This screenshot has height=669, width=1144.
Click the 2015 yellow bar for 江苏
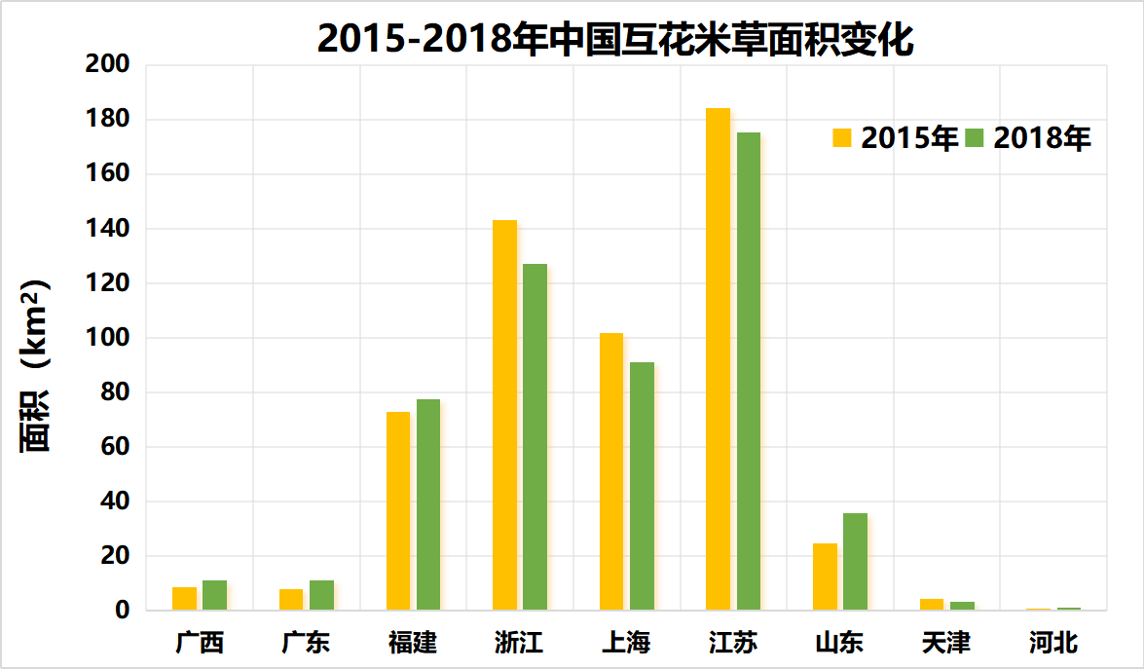(718, 359)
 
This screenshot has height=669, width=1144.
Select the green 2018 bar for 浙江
(535, 437)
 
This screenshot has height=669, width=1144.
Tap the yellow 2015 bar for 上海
(611, 471)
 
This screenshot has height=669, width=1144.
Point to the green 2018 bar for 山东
(855, 562)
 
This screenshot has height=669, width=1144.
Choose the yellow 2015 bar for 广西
(184, 599)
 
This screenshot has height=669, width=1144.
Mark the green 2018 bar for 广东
(321, 596)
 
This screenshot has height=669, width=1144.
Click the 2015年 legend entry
(896, 138)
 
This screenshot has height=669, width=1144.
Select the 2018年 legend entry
(1028, 138)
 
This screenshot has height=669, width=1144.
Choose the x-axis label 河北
(1053, 643)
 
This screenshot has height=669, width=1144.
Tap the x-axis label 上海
(626, 643)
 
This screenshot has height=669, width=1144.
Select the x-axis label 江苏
(733, 643)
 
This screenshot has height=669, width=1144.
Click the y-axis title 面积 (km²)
(36, 365)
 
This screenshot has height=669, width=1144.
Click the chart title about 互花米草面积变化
(615, 39)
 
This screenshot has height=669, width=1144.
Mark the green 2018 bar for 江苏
(748, 371)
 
